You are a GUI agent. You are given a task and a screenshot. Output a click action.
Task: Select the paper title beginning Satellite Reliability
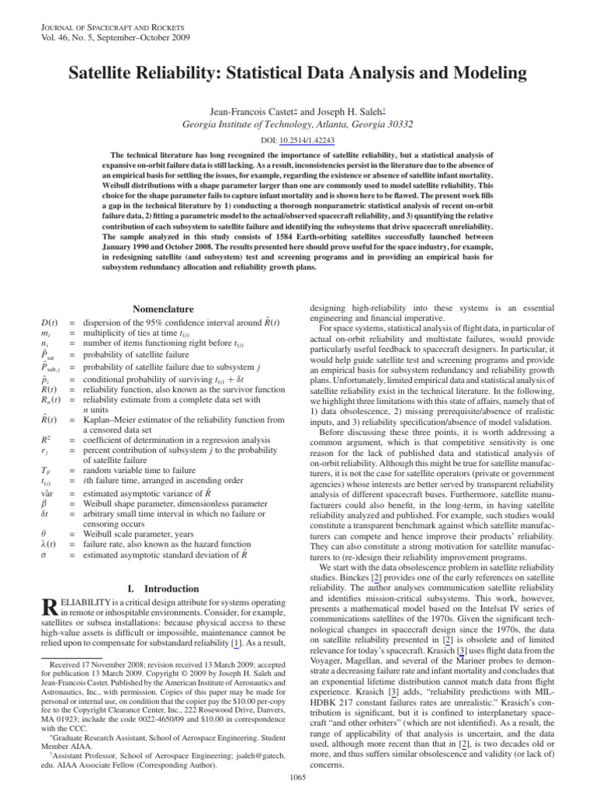coord(297,74)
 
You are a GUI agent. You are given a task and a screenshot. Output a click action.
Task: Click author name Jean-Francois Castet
coord(258,111)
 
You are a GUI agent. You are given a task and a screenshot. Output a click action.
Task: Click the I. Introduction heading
coord(165,589)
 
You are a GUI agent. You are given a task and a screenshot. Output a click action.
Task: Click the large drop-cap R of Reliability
coord(49,613)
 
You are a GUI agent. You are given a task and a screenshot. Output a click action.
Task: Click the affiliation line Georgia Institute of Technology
coord(297,124)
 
